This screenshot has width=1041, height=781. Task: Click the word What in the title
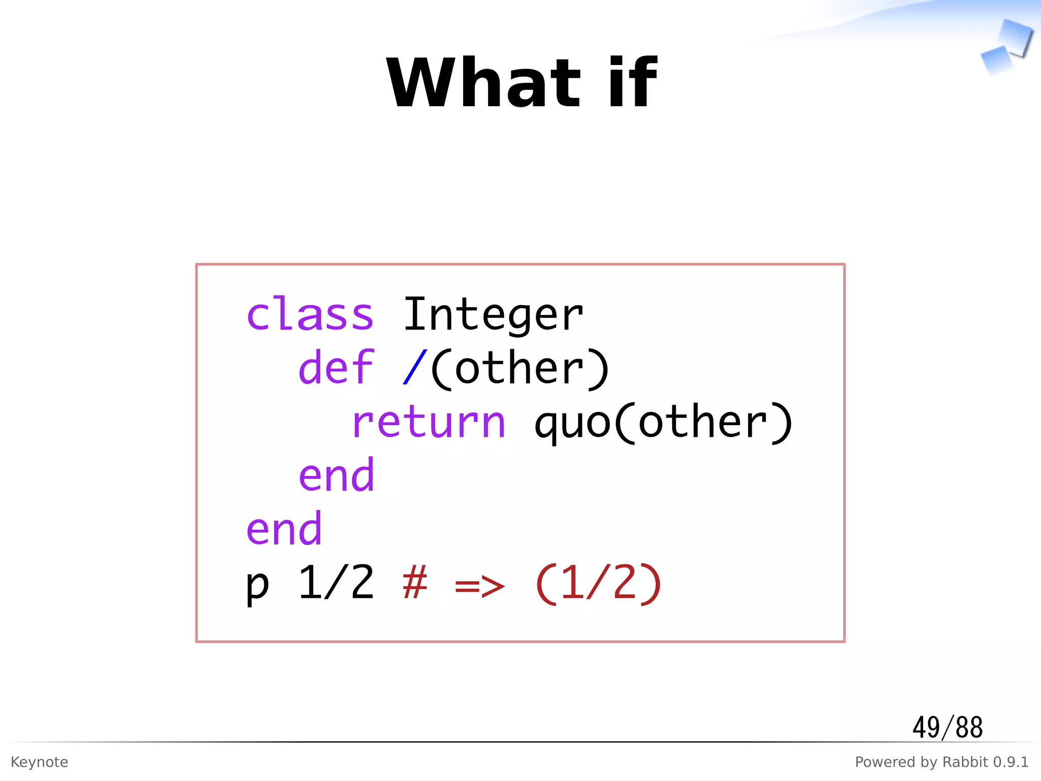pos(483,83)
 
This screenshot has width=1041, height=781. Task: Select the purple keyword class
pos(310,314)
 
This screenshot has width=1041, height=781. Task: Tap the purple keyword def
pos(336,367)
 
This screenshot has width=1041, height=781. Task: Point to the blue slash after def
pos(414,367)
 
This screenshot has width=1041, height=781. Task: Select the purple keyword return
pos(428,422)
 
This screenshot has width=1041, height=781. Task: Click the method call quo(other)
pos(663,422)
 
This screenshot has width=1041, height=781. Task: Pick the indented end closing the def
pos(336,475)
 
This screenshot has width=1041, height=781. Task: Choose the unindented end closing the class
pos(284,529)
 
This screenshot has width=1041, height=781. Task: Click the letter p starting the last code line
pos(257,585)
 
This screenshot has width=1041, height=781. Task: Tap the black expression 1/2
pos(336,583)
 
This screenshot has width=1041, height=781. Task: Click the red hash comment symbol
pos(414,583)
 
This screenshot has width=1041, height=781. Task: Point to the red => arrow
pos(479,586)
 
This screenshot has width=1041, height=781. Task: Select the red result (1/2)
pos(598,584)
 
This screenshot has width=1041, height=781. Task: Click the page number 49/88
pos(947,727)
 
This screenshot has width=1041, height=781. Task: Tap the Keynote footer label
pos(39,762)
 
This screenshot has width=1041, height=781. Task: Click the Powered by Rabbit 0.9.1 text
pos(941,762)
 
